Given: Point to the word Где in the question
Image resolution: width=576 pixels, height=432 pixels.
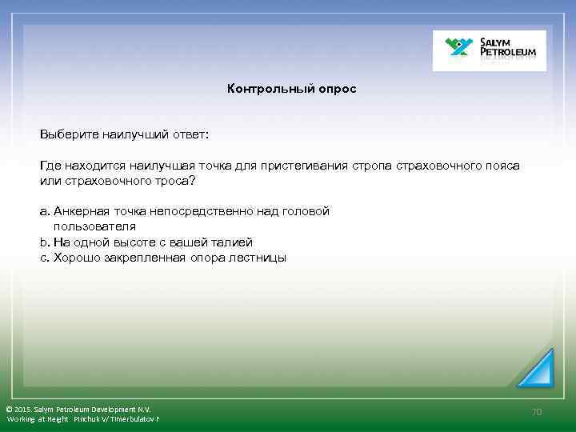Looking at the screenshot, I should coord(50,166).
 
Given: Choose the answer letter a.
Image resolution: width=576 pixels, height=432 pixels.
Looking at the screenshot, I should coord(43,212).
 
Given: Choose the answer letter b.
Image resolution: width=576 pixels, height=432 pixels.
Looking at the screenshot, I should coord(43,242).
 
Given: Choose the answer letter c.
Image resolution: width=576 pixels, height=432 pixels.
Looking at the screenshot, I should coord(43,258).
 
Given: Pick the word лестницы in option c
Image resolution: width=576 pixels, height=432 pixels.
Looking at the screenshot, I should coord(261,258).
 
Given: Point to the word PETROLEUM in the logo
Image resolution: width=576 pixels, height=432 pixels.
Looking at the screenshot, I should coord(511,55).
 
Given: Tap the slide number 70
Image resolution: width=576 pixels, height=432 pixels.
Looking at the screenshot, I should coord(538,411).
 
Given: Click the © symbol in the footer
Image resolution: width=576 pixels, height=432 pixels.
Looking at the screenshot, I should coord(9,410).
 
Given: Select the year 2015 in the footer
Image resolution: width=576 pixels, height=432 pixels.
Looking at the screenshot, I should coord(23,410).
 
